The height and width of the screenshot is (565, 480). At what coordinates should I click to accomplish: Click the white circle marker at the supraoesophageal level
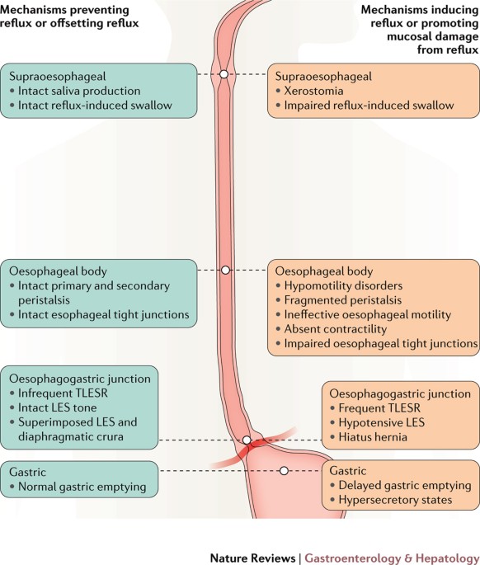pyautogui.click(x=224, y=74)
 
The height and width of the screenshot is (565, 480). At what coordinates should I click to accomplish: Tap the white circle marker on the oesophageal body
pyautogui.click(x=225, y=270)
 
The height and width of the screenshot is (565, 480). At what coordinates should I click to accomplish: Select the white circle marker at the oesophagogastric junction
pyautogui.click(x=247, y=440)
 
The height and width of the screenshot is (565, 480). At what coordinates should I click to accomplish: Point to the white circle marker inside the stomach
pyautogui.click(x=284, y=471)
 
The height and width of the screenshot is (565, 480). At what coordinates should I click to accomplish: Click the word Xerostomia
pyautogui.click(x=313, y=91)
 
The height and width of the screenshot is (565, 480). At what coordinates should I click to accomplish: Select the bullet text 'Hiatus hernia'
pyautogui.click(x=373, y=437)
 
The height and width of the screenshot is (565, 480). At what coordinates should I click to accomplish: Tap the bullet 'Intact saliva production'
pyautogui.click(x=79, y=91)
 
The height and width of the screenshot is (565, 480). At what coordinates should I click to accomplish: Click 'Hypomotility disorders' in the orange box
pyautogui.click(x=343, y=285)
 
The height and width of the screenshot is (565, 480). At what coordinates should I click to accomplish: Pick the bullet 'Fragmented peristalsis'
pyautogui.click(x=343, y=300)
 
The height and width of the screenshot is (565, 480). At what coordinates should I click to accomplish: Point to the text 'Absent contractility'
pyautogui.click(x=335, y=329)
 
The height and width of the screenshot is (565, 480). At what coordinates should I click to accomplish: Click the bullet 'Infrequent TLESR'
pyautogui.click(x=63, y=393)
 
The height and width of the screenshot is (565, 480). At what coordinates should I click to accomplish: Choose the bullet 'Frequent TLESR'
pyautogui.click(x=379, y=408)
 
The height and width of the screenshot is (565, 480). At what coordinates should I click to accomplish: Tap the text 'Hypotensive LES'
pyautogui.click(x=381, y=422)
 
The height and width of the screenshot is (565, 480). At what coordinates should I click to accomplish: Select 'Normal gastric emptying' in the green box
pyautogui.click(x=82, y=487)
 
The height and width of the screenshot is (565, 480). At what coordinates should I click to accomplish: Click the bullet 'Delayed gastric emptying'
pyautogui.click(x=405, y=485)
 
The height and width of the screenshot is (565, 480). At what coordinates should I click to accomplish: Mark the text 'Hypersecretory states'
pyautogui.click(x=395, y=500)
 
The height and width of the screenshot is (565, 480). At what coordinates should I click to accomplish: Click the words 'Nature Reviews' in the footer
pyautogui.click(x=252, y=558)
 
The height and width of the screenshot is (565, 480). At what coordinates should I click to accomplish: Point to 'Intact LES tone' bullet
pyautogui.click(x=57, y=407)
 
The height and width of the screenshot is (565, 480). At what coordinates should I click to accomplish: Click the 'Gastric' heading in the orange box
pyautogui.click(x=348, y=471)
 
